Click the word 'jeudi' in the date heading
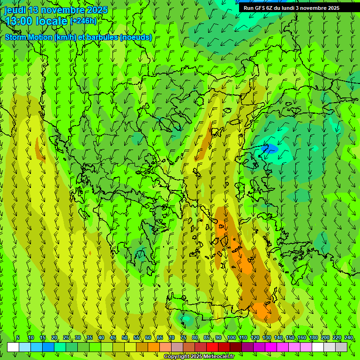coord(15,10)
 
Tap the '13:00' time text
coord(20,21)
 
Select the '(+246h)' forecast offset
coord(84,21)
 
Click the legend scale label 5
coord(18,337)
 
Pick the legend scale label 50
coord(125,337)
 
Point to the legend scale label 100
coord(232,337)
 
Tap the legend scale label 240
coord(349,337)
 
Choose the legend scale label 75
coord(183,337)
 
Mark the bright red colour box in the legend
coord(212,347)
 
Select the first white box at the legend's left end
coord(13,347)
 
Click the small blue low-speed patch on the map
coord(271,149)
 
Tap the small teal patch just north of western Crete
coord(187,319)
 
